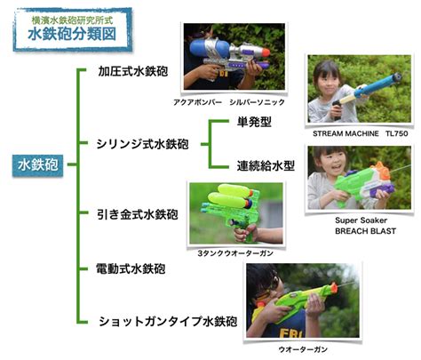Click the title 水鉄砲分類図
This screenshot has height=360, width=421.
tap(72, 35)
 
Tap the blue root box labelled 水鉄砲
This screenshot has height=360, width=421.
tap(37, 164)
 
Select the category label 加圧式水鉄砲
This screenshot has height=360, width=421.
tap(133, 71)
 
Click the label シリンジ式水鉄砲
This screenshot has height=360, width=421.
tap(142, 144)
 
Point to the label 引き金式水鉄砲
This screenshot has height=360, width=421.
tap(138, 214)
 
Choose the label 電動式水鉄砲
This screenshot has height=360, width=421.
tap(131, 269)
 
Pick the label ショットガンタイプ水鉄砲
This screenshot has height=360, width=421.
tap(168, 322)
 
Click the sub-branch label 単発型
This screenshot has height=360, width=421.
tap(254, 122)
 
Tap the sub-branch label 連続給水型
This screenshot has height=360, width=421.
tap(266, 165)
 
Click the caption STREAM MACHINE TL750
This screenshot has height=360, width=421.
tap(361, 133)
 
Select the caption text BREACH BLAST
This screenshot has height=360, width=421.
tap(365, 231)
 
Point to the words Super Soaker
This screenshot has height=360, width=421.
tap(361, 220)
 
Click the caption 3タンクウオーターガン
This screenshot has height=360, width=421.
tap(235, 253)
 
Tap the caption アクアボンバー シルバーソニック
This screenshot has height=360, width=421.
tap(229, 102)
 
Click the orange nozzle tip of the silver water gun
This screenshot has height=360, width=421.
tap(266, 52)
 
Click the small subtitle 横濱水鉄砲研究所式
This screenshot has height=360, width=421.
tap(72, 20)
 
